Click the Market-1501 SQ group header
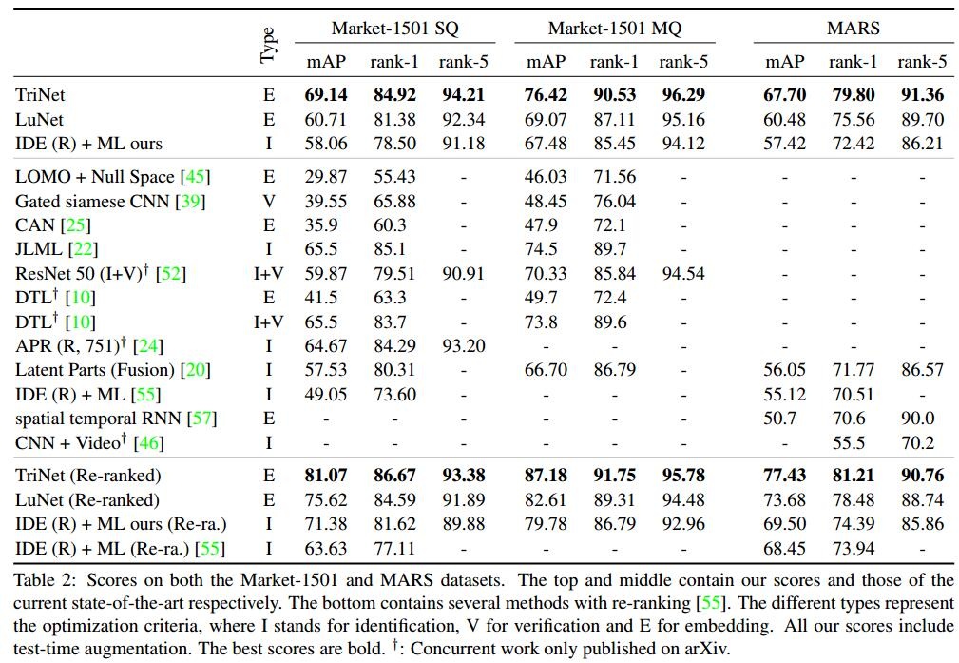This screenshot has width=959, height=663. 394,28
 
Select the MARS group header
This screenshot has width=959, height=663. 854,28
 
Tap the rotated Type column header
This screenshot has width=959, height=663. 269,45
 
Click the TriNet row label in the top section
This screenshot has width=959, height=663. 41,95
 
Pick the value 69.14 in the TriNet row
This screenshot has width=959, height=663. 326,95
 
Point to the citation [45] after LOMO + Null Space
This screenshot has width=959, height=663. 196,177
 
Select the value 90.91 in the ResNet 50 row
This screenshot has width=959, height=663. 463,274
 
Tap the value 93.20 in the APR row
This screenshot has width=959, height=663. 463,346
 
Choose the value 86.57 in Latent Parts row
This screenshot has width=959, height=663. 921,370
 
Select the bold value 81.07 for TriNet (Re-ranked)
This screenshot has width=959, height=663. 326,476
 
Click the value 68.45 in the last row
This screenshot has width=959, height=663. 785,548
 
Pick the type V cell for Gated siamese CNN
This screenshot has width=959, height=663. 269,201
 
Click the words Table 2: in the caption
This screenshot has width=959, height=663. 43,580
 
